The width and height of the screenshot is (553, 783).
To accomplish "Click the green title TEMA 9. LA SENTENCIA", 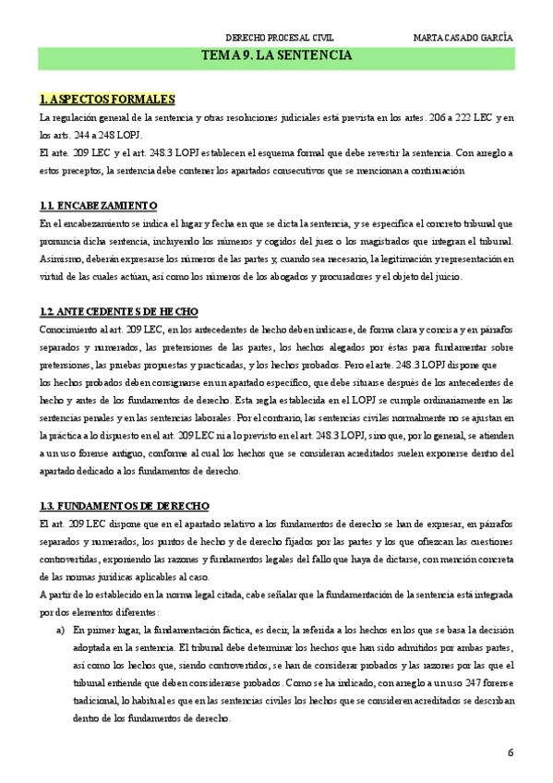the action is (276, 56).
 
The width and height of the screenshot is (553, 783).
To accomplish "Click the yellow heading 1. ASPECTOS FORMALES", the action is (108, 100).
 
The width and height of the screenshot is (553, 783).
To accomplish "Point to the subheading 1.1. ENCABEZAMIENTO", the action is (99, 205).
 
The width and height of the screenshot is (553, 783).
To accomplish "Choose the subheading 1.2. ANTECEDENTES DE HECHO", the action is (119, 311).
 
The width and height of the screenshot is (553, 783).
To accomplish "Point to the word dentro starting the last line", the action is (96, 717).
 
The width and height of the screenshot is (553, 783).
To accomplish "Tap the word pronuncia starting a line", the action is (61, 241).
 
